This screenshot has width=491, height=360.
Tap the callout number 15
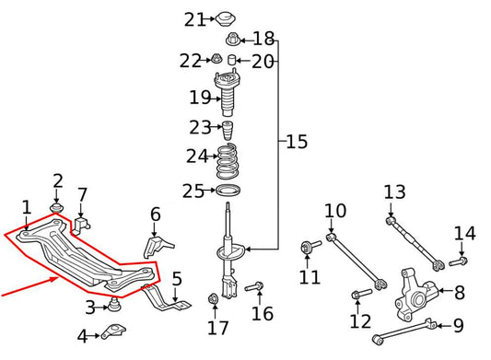pos(297,142)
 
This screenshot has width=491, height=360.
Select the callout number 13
pos(394,192)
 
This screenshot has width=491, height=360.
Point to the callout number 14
pos(464,233)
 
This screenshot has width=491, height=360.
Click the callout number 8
pos(459,293)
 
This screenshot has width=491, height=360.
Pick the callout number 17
pos(217,327)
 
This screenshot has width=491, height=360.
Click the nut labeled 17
pos(215,297)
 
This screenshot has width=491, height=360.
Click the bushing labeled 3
pos(116,305)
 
